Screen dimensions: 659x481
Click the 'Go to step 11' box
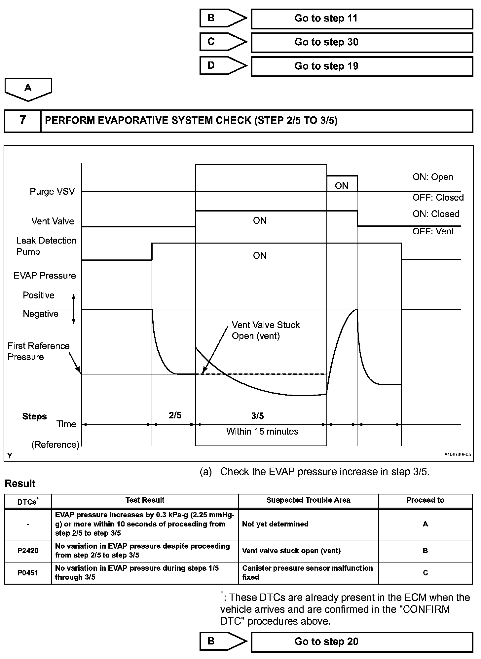tap(362, 19)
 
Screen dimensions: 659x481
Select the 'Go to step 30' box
tap(362, 42)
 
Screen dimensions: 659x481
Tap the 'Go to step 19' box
tap(362, 66)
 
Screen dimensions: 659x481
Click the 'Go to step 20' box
tap(362, 642)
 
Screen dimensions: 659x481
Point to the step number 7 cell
tap(22, 121)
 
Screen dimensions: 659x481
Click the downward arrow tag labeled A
tap(28, 89)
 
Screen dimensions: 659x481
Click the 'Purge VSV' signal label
tap(52, 192)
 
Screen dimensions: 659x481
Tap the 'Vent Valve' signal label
tap(53, 221)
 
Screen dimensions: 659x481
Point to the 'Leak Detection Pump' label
tap(46, 246)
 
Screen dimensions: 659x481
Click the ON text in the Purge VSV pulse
tap(342, 186)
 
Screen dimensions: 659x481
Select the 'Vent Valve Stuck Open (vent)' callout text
tap(265, 330)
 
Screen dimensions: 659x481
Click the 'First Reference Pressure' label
tap(38, 351)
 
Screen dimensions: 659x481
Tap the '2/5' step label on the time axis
tap(175, 415)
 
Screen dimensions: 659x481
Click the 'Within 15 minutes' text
tap(262, 432)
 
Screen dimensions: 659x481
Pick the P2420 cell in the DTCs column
tap(28, 551)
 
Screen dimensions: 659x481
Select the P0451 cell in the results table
tap(28, 573)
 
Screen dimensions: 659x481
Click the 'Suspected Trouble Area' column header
tap(308, 500)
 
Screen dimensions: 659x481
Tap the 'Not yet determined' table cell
tap(275, 524)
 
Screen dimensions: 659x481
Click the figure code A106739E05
tap(457, 455)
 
